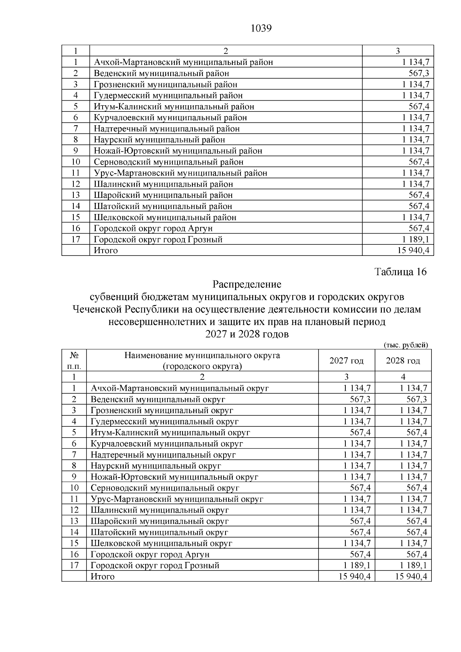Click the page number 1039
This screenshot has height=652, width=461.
[x=261, y=28]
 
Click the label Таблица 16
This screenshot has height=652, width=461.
[x=400, y=272]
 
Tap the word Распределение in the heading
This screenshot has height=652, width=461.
[x=247, y=284]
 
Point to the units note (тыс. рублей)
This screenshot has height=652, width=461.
[x=406, y=345]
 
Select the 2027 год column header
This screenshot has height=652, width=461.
[x=346, y=360]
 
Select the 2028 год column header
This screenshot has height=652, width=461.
[x=403, y=360]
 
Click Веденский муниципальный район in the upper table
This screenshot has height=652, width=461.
[x=161, y=73]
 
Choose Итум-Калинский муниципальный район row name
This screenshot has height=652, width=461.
[x=174, y=106]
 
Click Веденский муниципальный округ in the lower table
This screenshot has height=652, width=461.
[x=158, y=399]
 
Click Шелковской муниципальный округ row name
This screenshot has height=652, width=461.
[x=161, y=543]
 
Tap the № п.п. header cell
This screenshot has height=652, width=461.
[x=74, y=360]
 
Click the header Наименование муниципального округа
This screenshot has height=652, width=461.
[x=202, y=355]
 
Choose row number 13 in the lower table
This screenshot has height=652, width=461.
[x=74, y=521]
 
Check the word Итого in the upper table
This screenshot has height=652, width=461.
[x=106, y=251]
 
